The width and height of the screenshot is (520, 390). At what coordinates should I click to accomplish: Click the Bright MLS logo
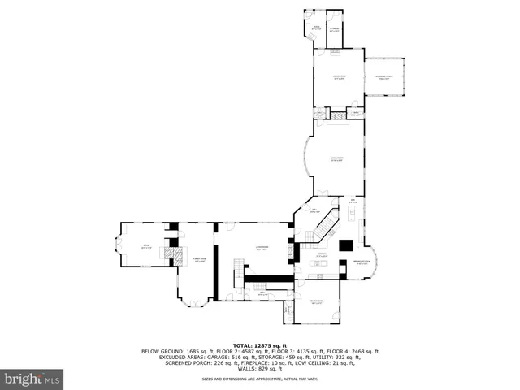(32, 379)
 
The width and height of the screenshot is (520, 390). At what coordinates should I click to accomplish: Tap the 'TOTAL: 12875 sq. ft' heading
(260, 345)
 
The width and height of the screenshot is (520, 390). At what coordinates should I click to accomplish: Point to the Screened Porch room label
(382, 78)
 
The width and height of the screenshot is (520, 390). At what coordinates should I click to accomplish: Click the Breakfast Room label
(362, 262)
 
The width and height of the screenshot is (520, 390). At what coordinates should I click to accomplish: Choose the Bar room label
(353, 201)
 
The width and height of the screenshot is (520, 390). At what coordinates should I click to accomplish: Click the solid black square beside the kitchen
(345, 245)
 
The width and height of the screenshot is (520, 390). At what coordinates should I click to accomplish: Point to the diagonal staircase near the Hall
(327, 223)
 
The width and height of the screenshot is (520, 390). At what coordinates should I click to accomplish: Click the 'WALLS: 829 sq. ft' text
(260, 369)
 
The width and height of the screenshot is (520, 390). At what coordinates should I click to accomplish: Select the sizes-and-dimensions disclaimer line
(260, 379)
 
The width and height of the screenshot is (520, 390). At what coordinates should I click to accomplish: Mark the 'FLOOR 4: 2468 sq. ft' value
(350, 351)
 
